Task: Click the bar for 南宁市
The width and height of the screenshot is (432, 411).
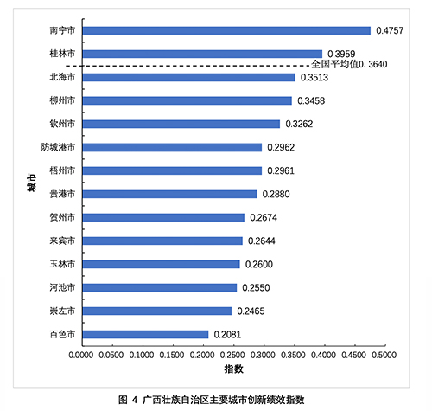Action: pyautogui.click(x=226, y=30)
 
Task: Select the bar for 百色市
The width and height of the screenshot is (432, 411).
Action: pyautogui.click(x=145, y=334)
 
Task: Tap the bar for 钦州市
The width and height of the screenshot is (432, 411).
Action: pyautogui.click(x=181, y=124)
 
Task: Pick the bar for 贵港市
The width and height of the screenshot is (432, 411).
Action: pyautogui.click(x=169, y=194)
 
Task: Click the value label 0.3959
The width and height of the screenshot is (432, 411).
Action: pyautogui.click(x=341, y=54)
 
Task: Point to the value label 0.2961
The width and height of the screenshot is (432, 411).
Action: pyautogui.click(x=281, y=170)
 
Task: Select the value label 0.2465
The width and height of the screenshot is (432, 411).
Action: pyautogui.click(x=251, y=311)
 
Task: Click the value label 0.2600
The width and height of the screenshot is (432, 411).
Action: pyautogui.click(x=259, y=264)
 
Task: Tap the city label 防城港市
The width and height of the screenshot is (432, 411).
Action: pyautogui.click(x=58, y=147)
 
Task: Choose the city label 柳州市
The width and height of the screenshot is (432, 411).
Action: pyautogui.click(x=62, y=100)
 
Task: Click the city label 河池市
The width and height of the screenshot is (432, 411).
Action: pyautogui.click(x=62, y=287)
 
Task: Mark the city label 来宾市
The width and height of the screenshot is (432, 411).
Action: pyautogui.click(x=62, y=241)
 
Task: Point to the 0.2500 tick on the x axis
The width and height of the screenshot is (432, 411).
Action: pyautogui.click(x=234, y=345)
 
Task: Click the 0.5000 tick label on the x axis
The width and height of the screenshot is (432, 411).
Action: pyautogui.click(x=384, y=355)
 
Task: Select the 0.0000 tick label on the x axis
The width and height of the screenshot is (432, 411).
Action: pyautogui.click(x=81, y=355)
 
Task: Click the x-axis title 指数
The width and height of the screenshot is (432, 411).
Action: pyautogui.click(x=234, y=369)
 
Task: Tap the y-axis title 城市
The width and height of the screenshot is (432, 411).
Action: pyautogui.click(x=31, y=183)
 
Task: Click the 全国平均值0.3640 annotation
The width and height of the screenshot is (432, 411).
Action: pyautogui.click(x=349, y=64)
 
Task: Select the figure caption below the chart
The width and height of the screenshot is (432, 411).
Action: pyautogui.click(x=212, y=400)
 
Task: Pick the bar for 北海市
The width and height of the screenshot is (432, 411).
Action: pyautogui.click(x=189, y=77)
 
